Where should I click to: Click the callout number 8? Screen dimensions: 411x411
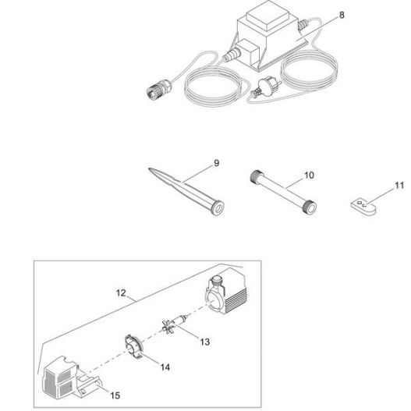click(x=342, y=15)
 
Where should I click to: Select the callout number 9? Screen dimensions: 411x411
click(x=216, y=163)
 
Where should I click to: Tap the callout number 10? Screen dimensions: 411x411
click(x=309, y=175)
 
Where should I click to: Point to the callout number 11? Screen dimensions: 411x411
click(x=399, y=186)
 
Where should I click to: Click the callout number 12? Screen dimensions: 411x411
click(x=121, y=292)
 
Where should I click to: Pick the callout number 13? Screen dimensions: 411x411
click(x=204, y=342)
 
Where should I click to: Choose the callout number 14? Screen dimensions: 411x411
click(x=165, y=367)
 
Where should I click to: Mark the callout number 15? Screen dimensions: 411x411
click(x=115, y=395)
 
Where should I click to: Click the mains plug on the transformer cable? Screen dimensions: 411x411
click(x=265, y=87)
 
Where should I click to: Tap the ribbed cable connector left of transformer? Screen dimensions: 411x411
click(x=159, y=89)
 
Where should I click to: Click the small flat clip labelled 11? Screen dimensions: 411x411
click(x=363, y=207)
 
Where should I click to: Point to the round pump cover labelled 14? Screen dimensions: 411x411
click(x=134, y=346)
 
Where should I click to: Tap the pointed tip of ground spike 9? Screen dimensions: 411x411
click(x=150, y=169)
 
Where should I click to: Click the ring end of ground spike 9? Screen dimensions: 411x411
click(x=218, y=207)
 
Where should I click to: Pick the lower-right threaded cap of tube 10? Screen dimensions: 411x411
click(x=310, y=207)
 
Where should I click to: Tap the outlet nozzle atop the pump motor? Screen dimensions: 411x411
click(x=218, y=282)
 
